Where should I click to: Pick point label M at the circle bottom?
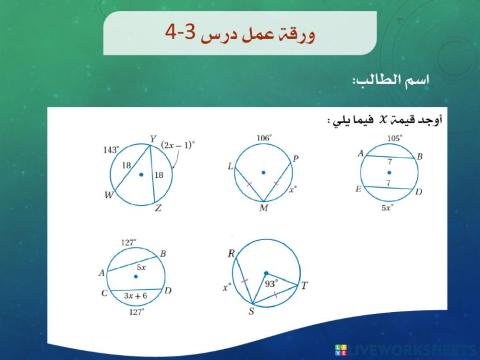[x=261, y=211]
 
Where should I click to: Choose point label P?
[x=297, y=157]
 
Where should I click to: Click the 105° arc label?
[x=394, y=138]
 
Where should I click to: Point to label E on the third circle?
[x=358, y=189]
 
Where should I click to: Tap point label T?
[x=304, y=286]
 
